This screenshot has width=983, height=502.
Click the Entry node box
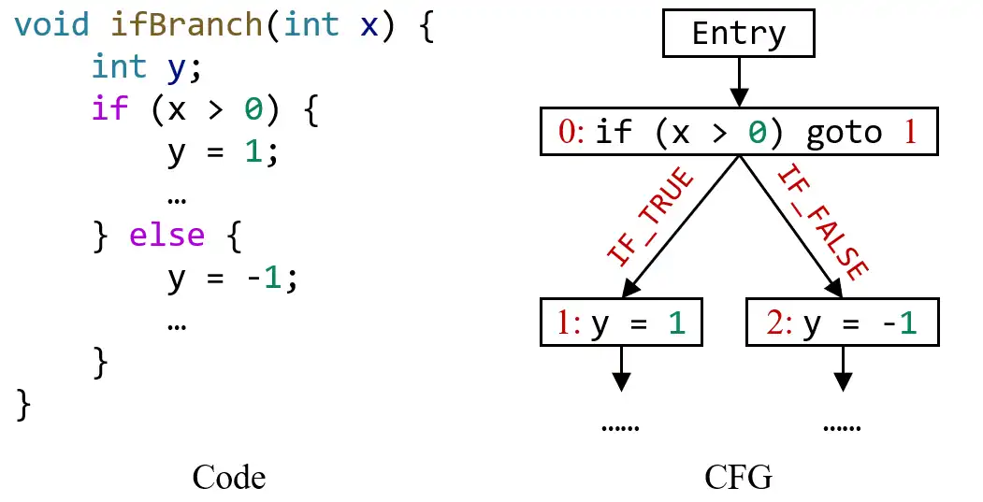(739, 35)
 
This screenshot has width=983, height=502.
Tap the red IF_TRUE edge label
(653, 216)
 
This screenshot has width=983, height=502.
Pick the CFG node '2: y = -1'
(842, 323)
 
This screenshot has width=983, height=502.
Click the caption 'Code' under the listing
(229, 478)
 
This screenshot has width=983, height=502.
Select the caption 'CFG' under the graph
(739, 478)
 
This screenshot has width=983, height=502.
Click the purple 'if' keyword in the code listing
(109, 108)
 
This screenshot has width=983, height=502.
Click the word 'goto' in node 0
(844, 133)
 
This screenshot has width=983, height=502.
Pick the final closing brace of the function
(24, 405)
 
